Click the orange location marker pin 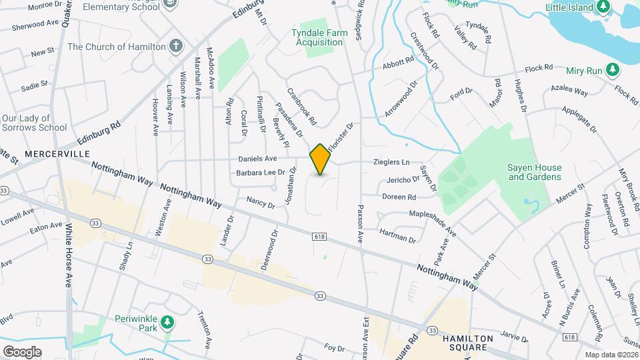pyautogui.click(x=320, y=159)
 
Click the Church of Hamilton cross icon pyautogui.click(x=175, y=47)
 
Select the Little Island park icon pyautogui.click(x=603, y=7)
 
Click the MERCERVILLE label pyautogui.click(x=57, y=154)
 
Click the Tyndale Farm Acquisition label pyautogui.click(x=317, y=37)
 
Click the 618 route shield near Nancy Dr pyautogui.click(x=318, y=236)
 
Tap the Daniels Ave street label pyautogui.click(x=257, y=159)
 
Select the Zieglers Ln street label pyautogui.click(x=390, y=162)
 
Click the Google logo pyautogui.click(x=22, y=351)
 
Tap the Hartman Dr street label pyautogui.click(x=397, y=235)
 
